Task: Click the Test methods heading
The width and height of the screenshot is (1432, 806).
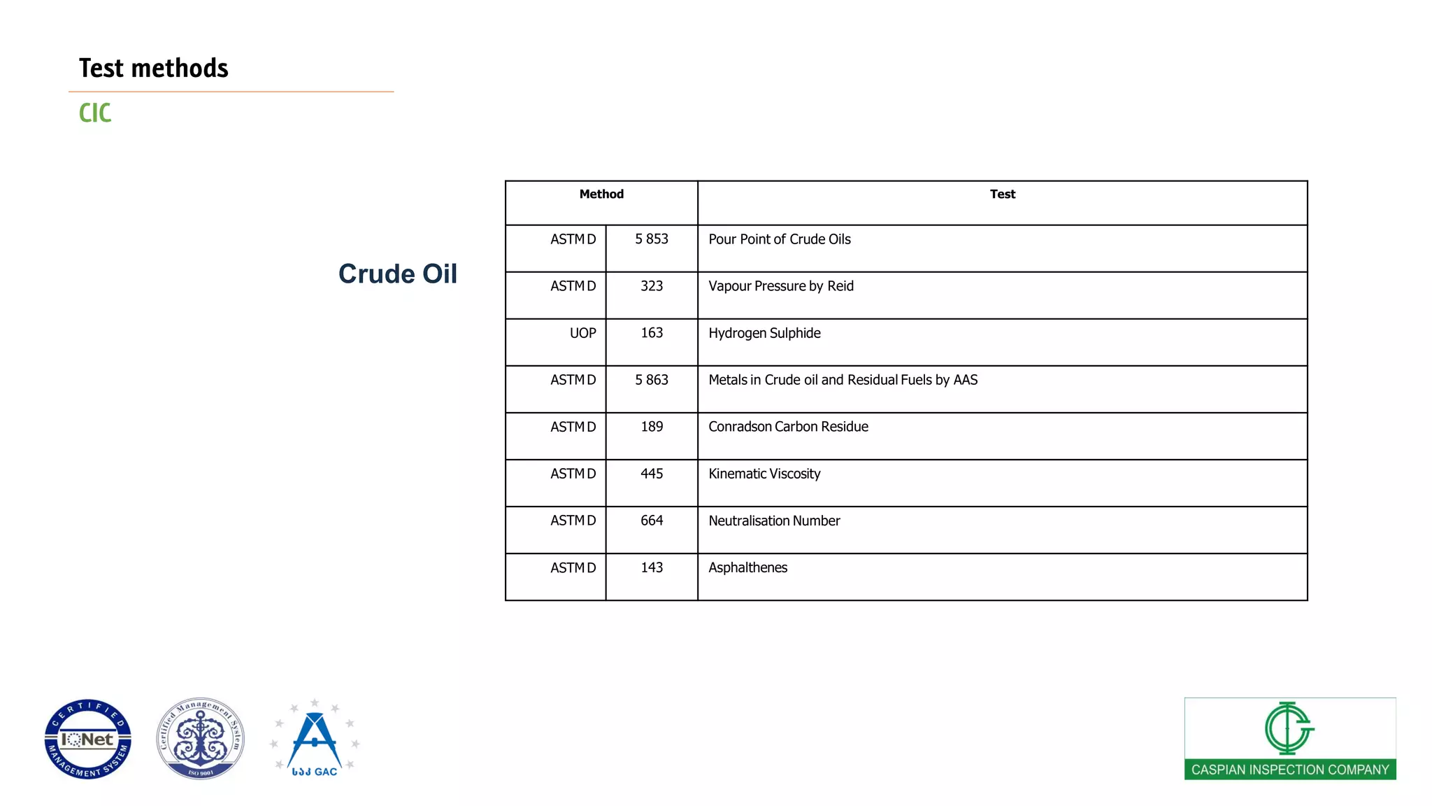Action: click(153, 68)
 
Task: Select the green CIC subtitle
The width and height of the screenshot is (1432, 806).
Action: click(95, 113)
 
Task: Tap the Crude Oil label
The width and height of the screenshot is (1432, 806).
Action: click(397, 274)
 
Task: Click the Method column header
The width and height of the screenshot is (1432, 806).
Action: click(601, 195)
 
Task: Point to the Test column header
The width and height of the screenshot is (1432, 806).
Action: click(1002, 195)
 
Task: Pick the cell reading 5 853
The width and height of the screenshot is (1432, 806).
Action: click(652, 239)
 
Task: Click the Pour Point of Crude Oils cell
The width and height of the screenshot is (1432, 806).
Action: click(780, 239)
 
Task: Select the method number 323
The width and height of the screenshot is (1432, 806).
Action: click(652, 286)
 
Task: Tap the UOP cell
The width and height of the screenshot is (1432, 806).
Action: click(582, 333)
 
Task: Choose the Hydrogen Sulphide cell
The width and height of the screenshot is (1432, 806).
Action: click(764, 333)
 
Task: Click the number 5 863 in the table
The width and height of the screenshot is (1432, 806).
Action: click(652, 380)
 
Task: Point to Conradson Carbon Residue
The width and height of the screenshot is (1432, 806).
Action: click(788, 427)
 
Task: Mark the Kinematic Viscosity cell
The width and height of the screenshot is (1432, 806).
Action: click(764, 474)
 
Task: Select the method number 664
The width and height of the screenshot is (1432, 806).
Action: click(652, 521)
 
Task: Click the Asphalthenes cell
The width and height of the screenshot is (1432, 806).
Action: click(747, 567)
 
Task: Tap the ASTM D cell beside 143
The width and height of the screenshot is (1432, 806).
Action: click(573, 567)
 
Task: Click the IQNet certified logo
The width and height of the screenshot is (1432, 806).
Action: click(88, 739)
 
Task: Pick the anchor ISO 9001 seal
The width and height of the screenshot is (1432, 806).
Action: click(201, 739)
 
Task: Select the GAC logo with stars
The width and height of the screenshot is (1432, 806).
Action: click(315, 739)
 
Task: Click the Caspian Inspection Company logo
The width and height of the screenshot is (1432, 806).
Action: click(1289, 739)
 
